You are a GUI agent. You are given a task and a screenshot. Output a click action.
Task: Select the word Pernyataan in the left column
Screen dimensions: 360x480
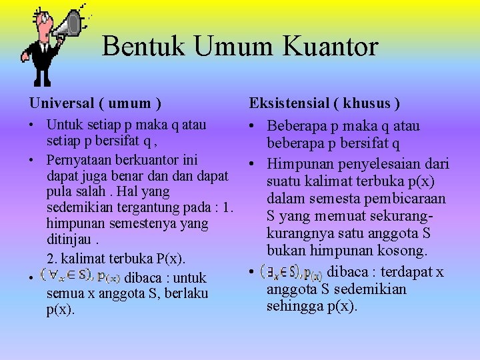pyautogui.click(x=77, y=160)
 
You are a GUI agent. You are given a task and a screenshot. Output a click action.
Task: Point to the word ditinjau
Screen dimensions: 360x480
pyautogui.click(x=67, y=239)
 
